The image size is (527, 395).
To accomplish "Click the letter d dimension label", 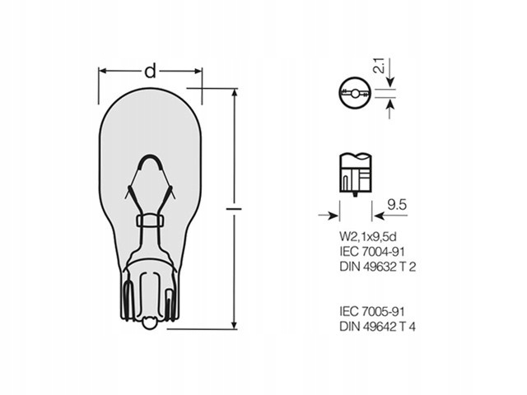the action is (x=150, y=72).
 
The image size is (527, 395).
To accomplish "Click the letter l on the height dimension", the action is (x=234, y=209).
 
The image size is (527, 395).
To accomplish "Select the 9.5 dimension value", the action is (x=397, y=205).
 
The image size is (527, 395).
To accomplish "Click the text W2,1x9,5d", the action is (x=368, y=237).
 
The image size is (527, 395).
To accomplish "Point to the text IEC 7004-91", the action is (x=372, y=252).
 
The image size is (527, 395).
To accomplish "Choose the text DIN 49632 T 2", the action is (x=378, y=267).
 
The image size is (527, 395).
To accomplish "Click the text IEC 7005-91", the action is (x=372, y=311).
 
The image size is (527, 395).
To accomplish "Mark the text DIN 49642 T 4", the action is (x=377, y=327).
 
